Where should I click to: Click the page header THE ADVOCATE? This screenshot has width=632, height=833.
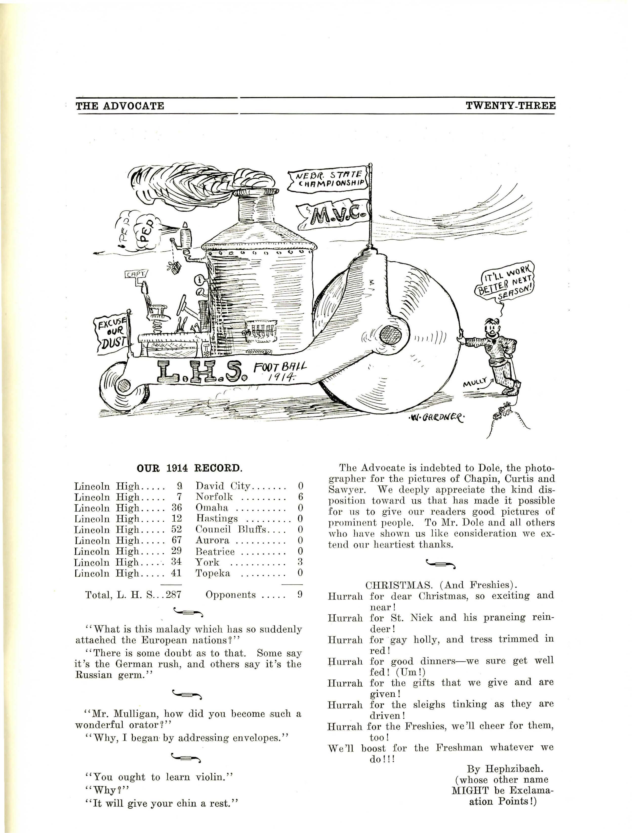[120, 106]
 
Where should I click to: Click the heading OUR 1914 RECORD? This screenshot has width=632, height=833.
[189, 468]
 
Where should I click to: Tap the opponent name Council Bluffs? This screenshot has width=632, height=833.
[231, 529]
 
